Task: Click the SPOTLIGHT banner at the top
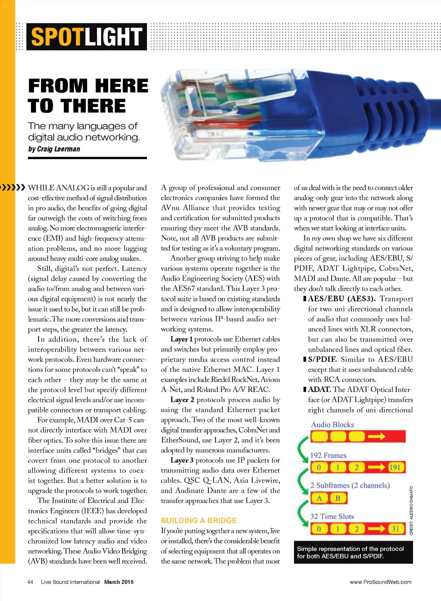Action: click(x=87, y=37)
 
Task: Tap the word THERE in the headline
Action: click(x=93, y=106)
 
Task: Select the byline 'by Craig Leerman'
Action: click(x=54, y=149)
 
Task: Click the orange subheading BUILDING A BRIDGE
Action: click(x=199, y=521)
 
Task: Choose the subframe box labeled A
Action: click(x=319, y=498)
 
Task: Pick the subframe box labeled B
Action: click(x=338, y=498)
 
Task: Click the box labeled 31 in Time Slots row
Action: click(x=395, y=529)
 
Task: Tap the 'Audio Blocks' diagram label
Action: click(x=332, y=425)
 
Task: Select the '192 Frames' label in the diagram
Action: click(x=328, y=455)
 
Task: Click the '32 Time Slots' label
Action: click(x=332, y=516)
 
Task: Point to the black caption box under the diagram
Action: click(x=353, y=552)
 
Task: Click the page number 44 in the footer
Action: click(x=30, y=582)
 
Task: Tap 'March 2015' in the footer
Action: click(x=119, y=582)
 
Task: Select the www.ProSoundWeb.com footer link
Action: click(x=380, y=582)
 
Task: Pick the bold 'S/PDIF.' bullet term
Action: click(x=323, y=359)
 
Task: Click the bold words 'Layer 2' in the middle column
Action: click(x=182, y=400)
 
